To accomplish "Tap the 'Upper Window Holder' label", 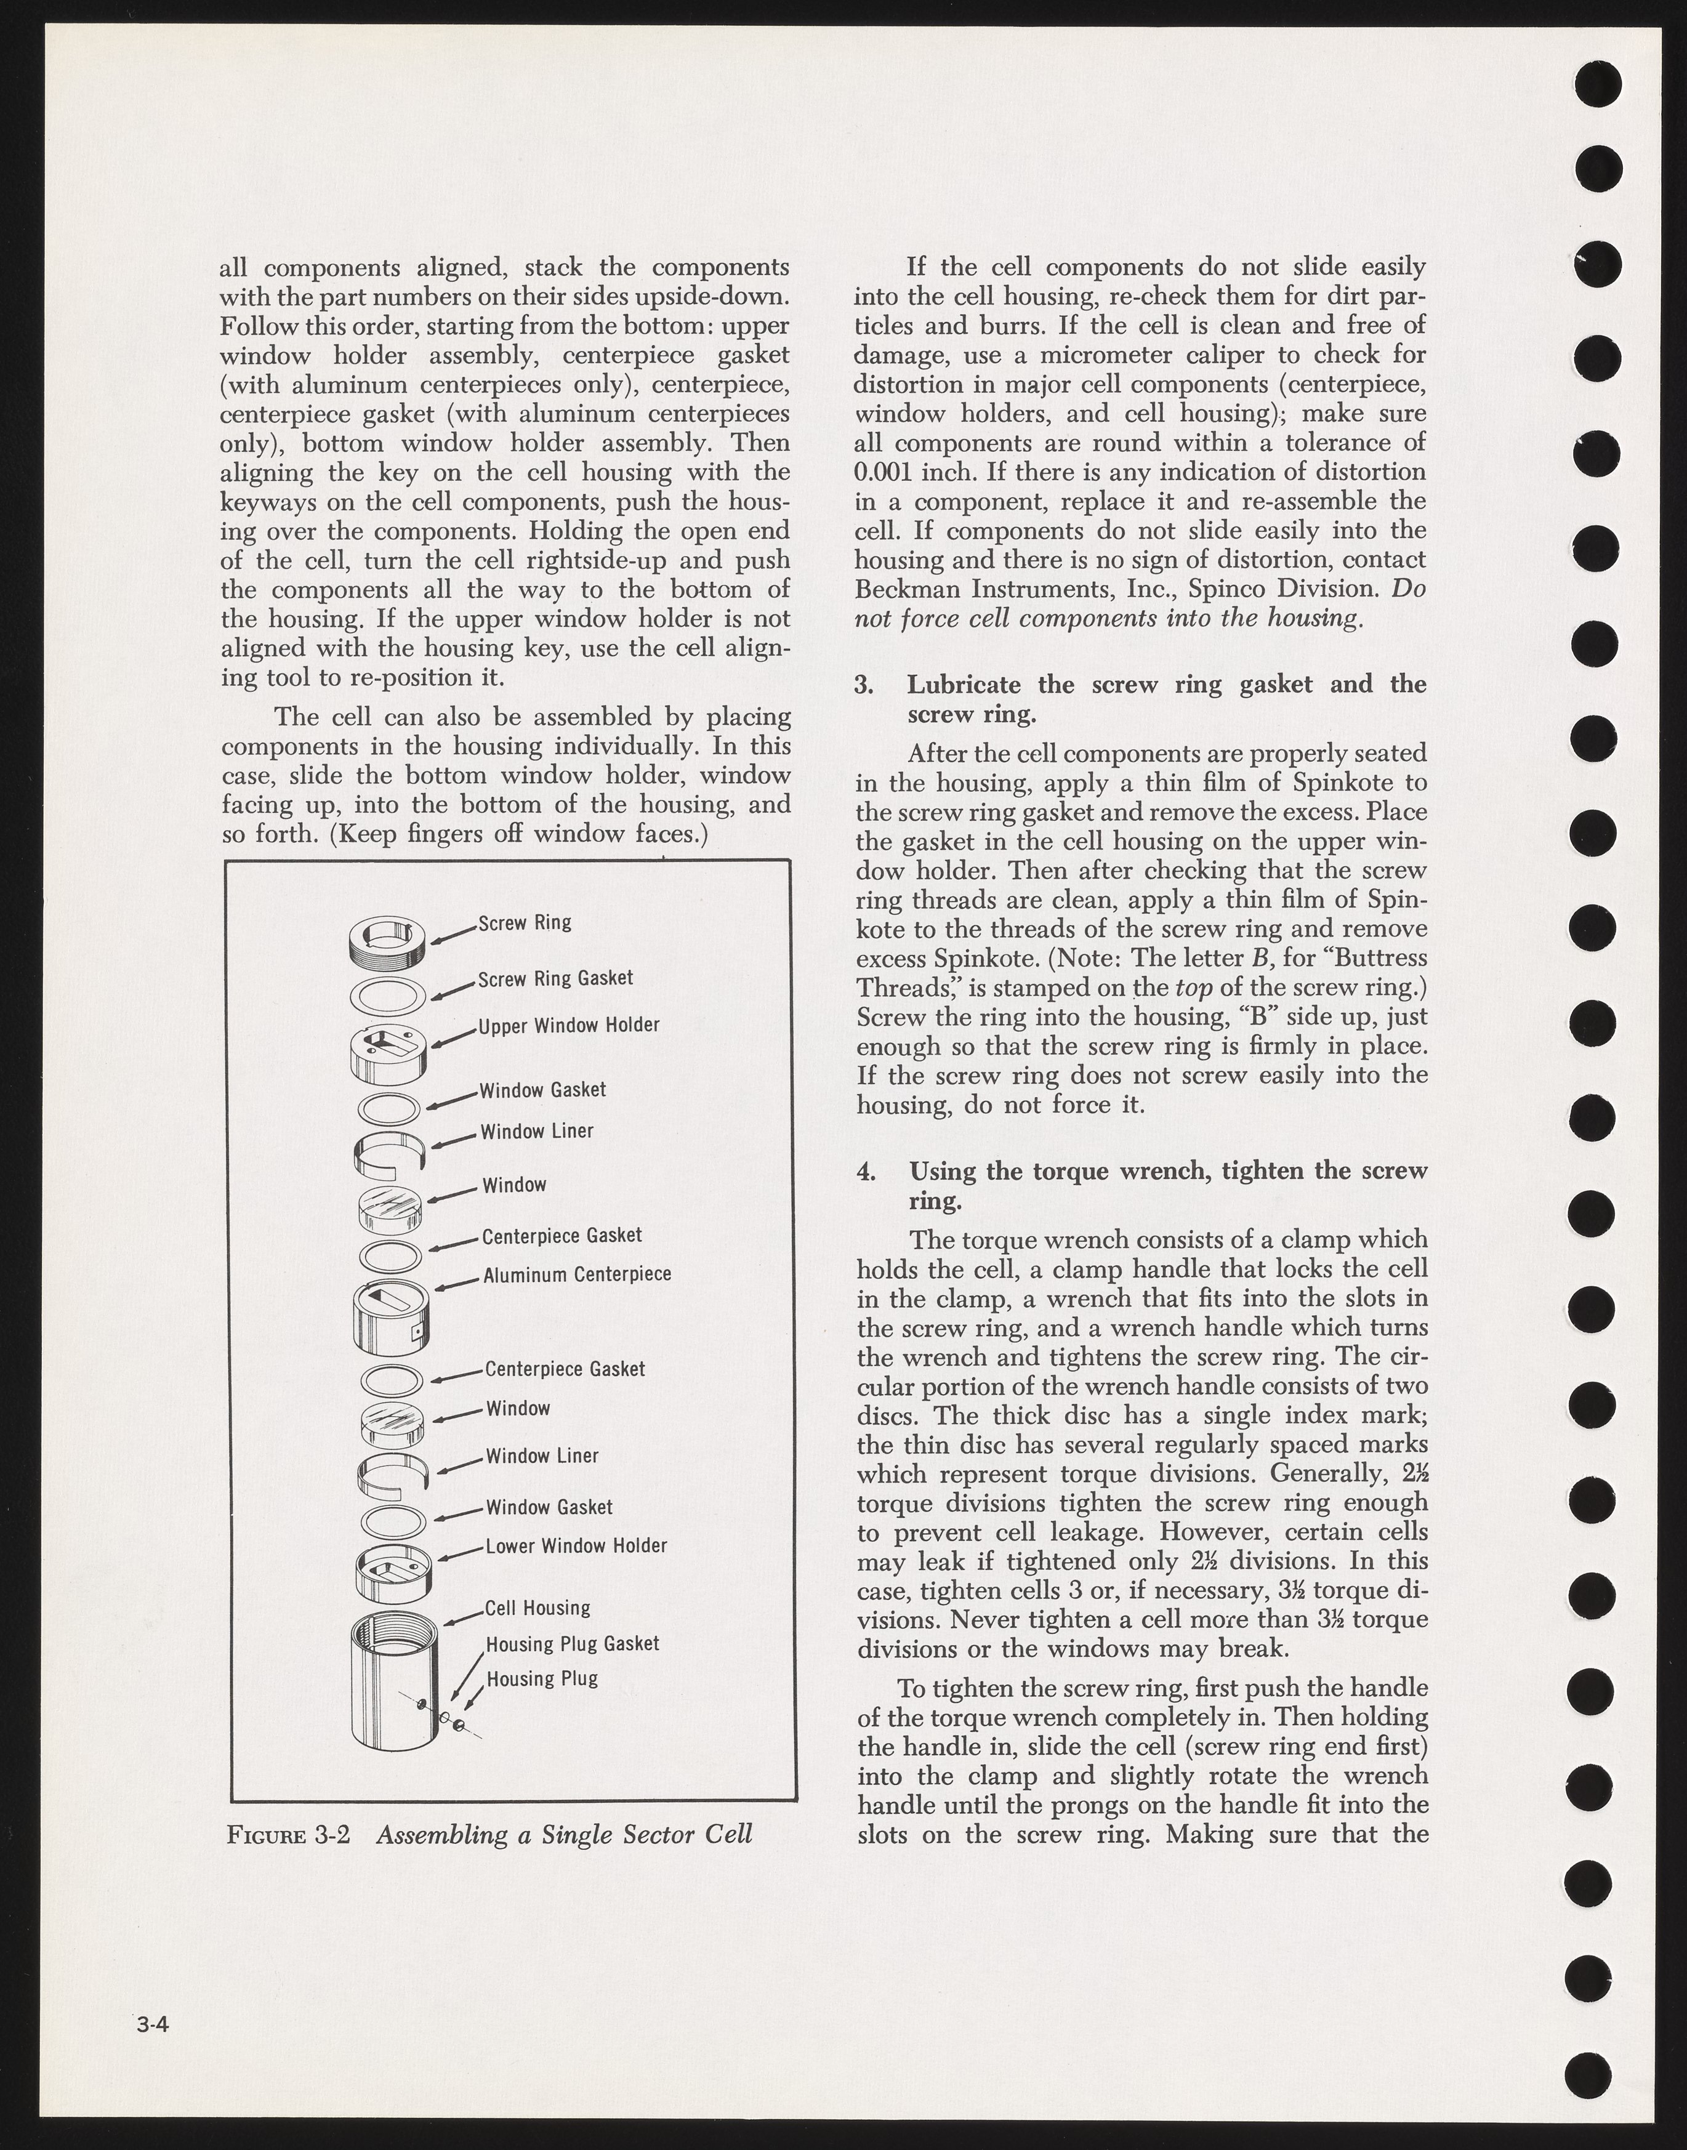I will (569, 1025).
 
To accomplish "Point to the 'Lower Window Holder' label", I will (576, 1545).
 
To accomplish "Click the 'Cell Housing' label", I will (538, 1608).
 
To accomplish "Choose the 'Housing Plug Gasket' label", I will (572, 1645).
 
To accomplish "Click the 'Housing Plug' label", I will (542, 1679).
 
